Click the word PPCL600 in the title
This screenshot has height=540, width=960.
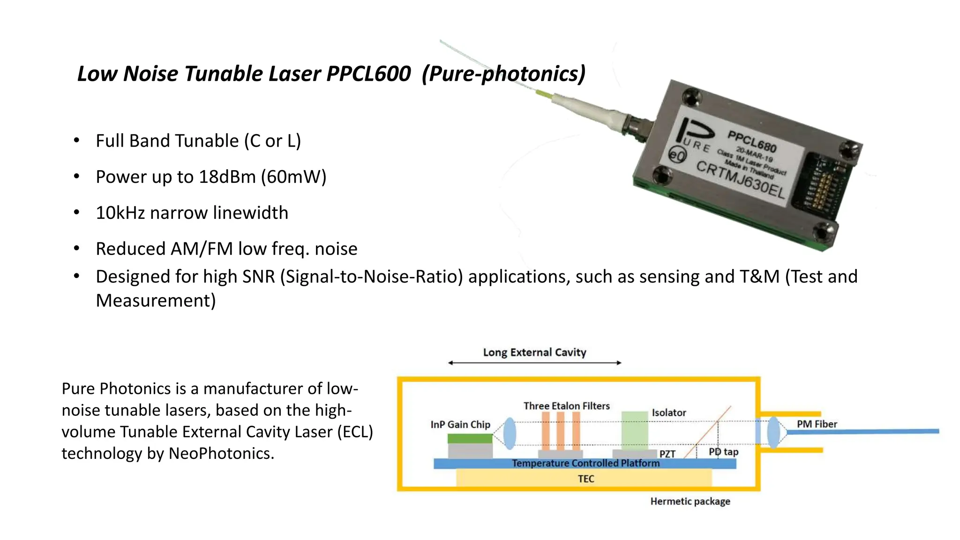(x=368, y=74)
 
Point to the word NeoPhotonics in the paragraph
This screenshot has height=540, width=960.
(x=218, y=454)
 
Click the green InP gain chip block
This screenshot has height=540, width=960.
(x=470, y=439)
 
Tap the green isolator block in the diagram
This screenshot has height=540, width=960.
(x=634, y=430)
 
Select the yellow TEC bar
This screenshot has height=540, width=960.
(x=584, y=479)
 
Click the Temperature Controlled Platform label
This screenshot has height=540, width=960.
(x=585, y=463)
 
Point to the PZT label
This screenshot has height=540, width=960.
(x=667, y=454)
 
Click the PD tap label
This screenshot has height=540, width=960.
(x=723, y=452)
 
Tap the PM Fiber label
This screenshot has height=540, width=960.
(x=817, y=424)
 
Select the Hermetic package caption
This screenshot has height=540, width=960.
(x=690, y=502)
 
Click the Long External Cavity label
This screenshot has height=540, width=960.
(x=534, y=352)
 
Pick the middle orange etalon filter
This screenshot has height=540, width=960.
(x=561, y=431)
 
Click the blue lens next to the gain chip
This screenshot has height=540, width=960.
(x=510, y=433)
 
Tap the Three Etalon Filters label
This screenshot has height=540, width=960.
(x=566, y=406)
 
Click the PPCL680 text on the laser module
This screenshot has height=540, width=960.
(x=752, y=142)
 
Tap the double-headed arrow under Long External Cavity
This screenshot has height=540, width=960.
(x=534, y=363)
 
